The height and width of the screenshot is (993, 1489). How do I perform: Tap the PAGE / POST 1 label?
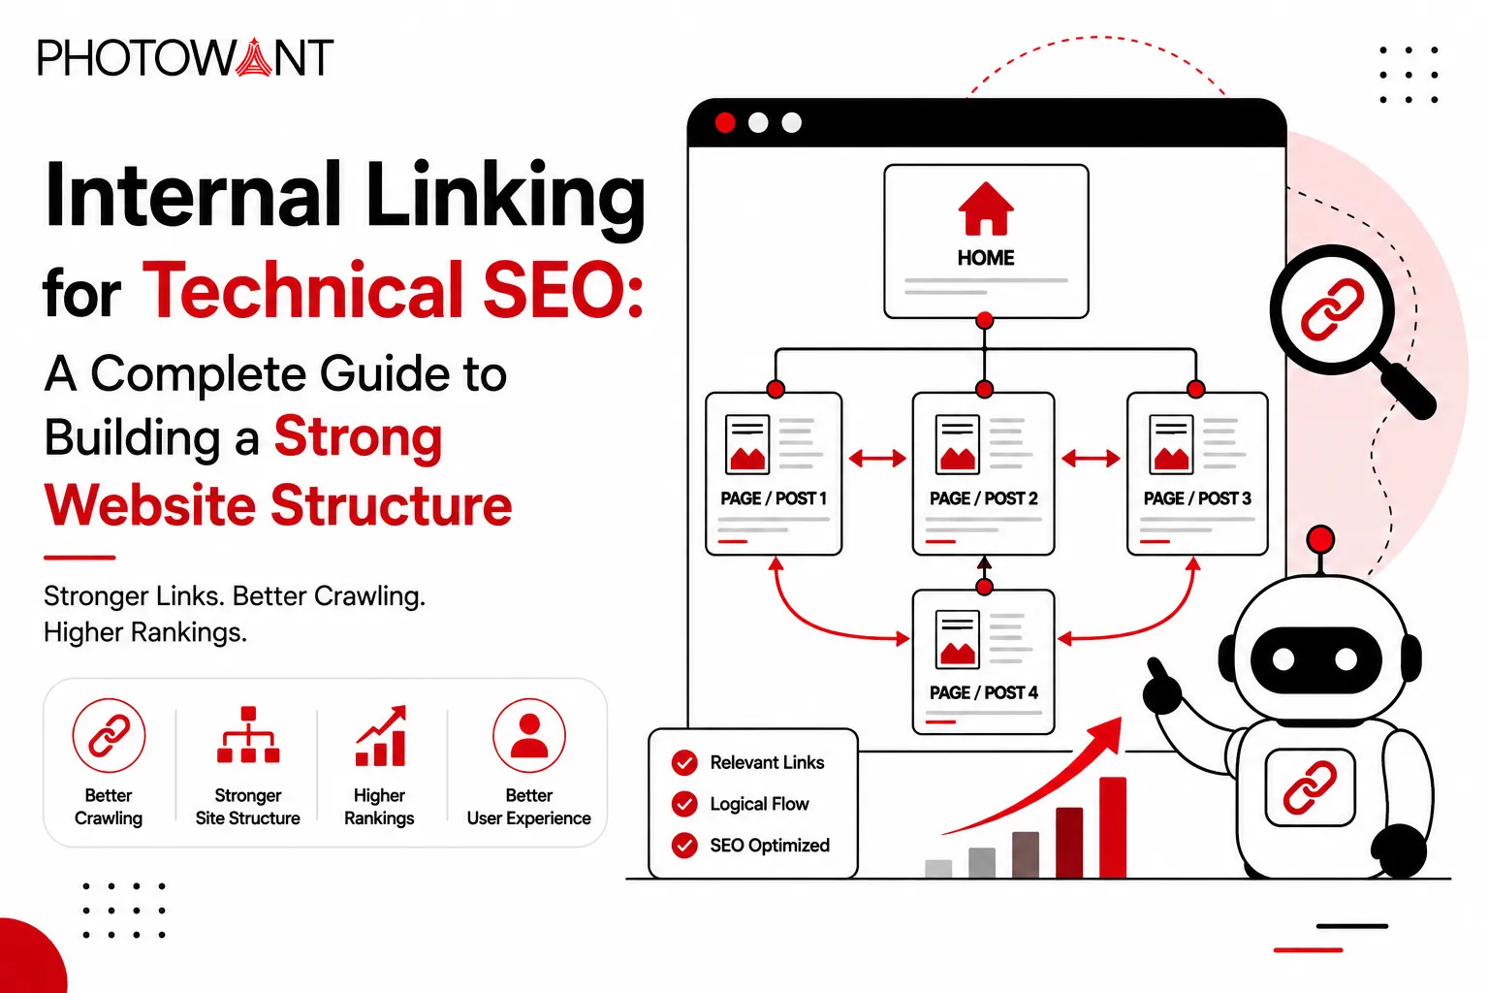(773, 498)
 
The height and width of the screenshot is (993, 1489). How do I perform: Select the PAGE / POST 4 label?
(983, 692)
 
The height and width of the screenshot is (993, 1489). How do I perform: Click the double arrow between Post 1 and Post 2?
(877, 458)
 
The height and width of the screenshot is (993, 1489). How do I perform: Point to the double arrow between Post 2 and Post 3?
(1091, 458)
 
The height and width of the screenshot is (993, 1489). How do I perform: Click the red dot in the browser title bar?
(725, 123)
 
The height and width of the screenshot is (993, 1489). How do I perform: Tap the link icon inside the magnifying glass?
(1332, 310)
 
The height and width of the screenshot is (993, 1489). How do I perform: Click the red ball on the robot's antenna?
(1320, 539)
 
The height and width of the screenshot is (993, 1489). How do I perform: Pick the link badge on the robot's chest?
(1311, 787)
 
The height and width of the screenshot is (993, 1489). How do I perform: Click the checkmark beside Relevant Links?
(684, 763)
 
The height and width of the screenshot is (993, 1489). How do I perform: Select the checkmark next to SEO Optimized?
(684, 846)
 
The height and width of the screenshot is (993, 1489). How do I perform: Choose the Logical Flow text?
(759, 804)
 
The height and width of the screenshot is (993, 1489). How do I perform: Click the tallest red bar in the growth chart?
(1113, 827)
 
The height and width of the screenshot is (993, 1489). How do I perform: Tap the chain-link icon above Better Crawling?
(109, 736)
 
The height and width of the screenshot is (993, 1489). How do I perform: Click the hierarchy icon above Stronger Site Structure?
(248, 734)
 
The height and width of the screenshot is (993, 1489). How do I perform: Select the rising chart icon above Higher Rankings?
(381, 736)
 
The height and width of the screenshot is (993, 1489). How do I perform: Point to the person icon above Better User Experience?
(529, 736)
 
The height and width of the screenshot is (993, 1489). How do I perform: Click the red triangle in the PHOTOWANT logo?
(254, 58)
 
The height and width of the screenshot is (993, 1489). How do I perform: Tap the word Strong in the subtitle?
(359, 436)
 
